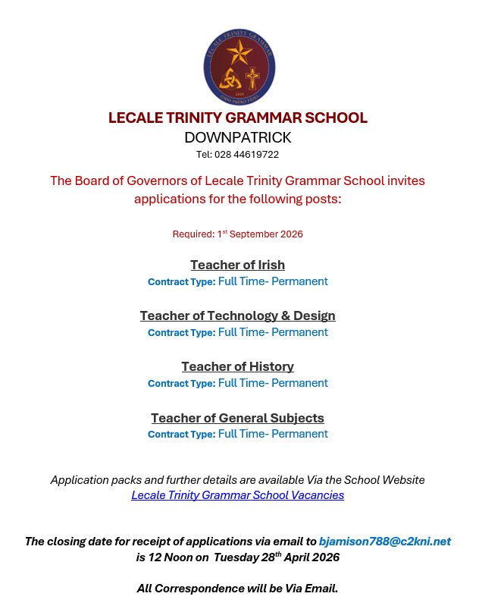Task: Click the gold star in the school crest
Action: (x=239, y=52)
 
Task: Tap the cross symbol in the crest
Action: (x=252, y=78)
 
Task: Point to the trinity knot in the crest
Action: (x=228, y=78)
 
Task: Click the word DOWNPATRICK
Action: (x=237, y=137)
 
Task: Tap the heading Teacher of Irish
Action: (x=237, y=265)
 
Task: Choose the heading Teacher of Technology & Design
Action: (x=237, y=316)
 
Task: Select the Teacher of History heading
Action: (x=237, y=366)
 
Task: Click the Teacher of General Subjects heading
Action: (x=237, y=418)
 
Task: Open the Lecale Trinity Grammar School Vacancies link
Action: (x=237, y=495)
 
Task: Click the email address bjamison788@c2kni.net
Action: (x=384, y=542)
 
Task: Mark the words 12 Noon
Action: (x=172, y=557)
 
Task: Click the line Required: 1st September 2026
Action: (x=237, y=234)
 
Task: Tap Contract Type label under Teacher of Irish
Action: (x=181, y=282)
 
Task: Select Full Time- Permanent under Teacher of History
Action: (x=273, y=383)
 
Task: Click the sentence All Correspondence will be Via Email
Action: (x=237, y=589)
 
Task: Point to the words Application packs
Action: (x=90, y=480)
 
